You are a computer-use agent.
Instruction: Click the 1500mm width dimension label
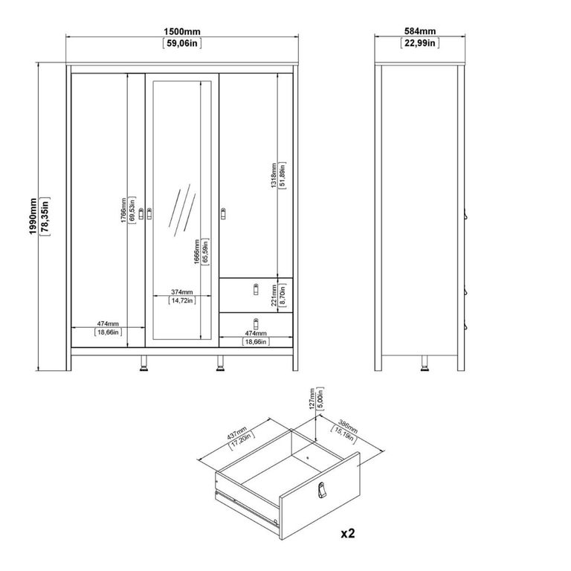click(182, 32)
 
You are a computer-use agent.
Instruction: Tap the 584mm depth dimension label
click(419, 32)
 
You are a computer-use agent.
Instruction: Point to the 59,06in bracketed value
click(182, 44)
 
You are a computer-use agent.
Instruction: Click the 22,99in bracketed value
click(419, 44)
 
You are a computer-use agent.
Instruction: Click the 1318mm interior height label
click(273, 175)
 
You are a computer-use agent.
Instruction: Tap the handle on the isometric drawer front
click(321, 489)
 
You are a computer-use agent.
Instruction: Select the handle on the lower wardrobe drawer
click(255, 323)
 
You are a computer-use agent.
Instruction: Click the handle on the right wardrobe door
click(222, 214)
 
